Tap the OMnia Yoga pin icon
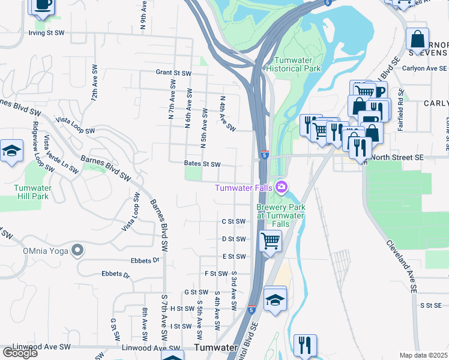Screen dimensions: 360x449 click(x=77, y=250)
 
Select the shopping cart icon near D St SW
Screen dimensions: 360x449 click(x=270, y=241)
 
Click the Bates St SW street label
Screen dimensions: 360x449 click(x=202, y=164)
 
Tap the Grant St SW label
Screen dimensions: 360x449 click(x=173, y=73)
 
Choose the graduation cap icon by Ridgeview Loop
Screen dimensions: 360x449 click(x=11, y=151)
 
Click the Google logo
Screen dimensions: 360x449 click(x=20, y=353)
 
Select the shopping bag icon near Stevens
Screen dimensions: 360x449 click(x=417, y=39)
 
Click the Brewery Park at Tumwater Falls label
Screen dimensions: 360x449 click(x=281, y=215)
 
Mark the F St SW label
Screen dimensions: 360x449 click(x=215, y=273)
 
